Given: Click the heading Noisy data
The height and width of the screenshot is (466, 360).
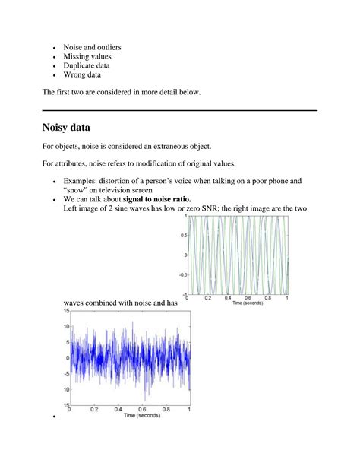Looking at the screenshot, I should tap(76, 128).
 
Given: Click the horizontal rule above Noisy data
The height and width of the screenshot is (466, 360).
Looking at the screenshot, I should tap(179, 111).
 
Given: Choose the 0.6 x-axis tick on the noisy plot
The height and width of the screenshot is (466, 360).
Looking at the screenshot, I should tap(142, 409).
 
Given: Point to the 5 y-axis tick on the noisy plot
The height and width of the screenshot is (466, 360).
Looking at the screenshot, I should tap(67, 342).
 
